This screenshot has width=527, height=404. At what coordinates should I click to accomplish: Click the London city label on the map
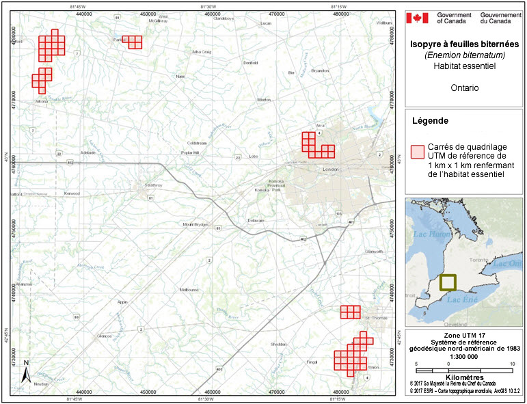(331, 170)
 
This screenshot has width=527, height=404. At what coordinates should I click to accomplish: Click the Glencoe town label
(104, 336)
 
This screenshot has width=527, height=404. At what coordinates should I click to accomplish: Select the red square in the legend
(416, 151)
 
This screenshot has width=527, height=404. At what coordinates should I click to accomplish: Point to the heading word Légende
(430, 121)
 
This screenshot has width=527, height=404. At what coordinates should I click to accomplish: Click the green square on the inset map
(448, 282)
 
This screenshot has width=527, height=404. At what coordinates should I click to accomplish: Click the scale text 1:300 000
(463, 356)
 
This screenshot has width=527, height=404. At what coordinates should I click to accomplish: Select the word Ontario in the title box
(464, 88)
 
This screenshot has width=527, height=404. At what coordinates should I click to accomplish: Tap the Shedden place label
(278, 345)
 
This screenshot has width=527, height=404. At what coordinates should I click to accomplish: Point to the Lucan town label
(267, 24)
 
